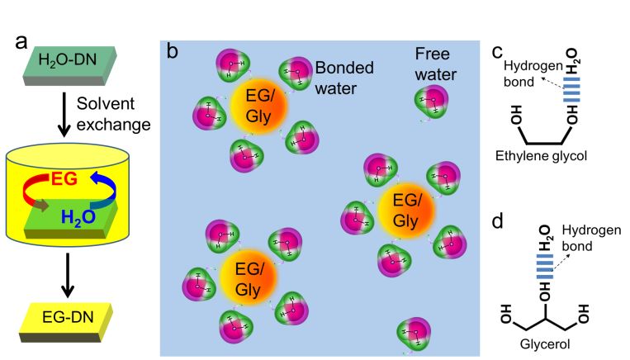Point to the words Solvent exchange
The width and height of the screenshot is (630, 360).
[113, 115]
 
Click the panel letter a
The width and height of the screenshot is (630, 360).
[22, 44]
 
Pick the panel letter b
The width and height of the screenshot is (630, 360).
[173, 52]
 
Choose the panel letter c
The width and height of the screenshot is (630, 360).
[497, 52]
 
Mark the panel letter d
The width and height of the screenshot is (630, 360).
[496, 223]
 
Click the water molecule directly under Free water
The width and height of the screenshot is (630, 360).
[430, 103]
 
